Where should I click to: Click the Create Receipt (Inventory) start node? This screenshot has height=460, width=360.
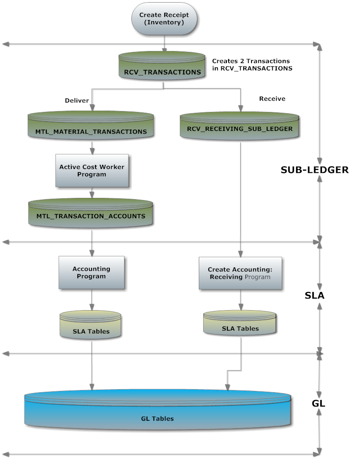[x=164, y=19]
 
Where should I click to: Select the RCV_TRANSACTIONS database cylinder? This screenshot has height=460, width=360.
[x=162, y=66]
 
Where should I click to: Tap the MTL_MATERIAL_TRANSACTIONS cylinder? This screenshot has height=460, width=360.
[x=91, y=125]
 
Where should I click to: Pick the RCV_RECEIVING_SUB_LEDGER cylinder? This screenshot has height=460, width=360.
[x=239, y=126]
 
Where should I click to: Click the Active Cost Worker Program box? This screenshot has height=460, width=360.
[x=92, y=171]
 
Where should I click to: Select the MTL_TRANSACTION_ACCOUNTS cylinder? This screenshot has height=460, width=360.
[x=90, y=213]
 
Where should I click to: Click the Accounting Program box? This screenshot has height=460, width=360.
[x=91, y=273]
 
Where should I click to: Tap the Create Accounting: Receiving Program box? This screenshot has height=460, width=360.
[x=240, y=273]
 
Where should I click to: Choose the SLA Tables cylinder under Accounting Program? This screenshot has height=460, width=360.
[x=90, y=325]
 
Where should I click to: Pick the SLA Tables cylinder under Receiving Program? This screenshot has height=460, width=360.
[x=240, y=323]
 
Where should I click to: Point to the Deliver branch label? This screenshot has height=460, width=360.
[x=76, y=100]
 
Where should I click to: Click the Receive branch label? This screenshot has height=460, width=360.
[x=272, y=98]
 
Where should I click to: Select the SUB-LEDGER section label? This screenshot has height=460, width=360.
[x=315, y=170]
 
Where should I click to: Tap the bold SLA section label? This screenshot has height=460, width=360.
[x=315, y=295]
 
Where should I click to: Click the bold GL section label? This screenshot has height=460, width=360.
[x=319, y=403]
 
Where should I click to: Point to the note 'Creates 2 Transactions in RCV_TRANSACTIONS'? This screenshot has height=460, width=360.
[x=252, y=64]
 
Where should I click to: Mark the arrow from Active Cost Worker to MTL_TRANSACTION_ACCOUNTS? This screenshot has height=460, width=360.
[x=92, y=193]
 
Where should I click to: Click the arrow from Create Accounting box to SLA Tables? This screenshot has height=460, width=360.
[x=241, y=300]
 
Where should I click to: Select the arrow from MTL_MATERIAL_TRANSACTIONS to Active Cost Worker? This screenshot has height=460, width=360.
[x=92, y=148]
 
